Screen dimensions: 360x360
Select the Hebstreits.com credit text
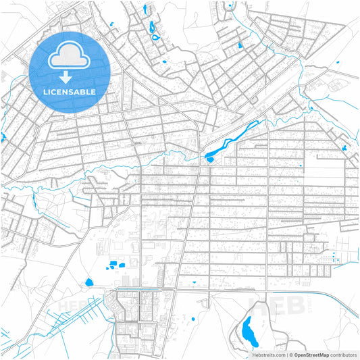click(269, 354)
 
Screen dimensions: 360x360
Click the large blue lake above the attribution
click(248, 329)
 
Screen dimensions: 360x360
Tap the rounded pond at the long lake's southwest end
click(209, 159)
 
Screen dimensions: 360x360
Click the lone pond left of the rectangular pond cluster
click(88, 282)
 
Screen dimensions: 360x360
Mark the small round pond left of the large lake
click(194, 318)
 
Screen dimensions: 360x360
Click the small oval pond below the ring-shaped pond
click(164, 62)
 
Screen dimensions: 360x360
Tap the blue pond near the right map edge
click(345, 147)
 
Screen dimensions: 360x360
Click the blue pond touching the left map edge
click(2, 138)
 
